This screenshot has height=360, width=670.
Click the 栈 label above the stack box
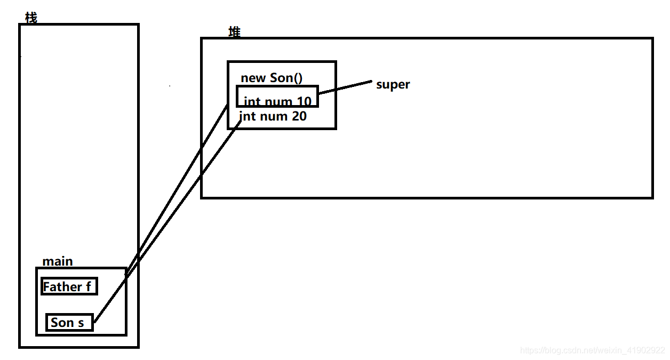click(x=31, y=18)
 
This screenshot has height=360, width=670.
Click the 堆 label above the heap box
click(x=234, y=32)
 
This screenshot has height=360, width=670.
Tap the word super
click(x=393, y=85)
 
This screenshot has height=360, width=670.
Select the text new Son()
click(x=272, y=78)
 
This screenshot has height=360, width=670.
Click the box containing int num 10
click(x=277, y=97)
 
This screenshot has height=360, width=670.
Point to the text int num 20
click(x=273, y=116)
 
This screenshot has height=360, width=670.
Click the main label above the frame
click(x=58, y=261)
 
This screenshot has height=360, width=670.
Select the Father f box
click(x=69, y=286)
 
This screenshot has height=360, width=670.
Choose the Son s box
click(x=69, y=322)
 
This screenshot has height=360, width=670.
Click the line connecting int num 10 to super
click(x=345, y=87)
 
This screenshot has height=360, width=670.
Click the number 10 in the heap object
click(x=304, y=101)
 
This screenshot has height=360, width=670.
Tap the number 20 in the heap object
click(x=299, y=116)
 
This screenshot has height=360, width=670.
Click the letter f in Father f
click(x=89, y=287)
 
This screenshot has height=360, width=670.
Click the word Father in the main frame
click(x=62, y=287)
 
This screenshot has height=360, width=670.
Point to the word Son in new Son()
click(x=281, y=78)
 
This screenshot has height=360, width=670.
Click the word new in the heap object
click(x=253, y=78)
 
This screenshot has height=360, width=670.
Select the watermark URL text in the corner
click(x=592, y=350)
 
